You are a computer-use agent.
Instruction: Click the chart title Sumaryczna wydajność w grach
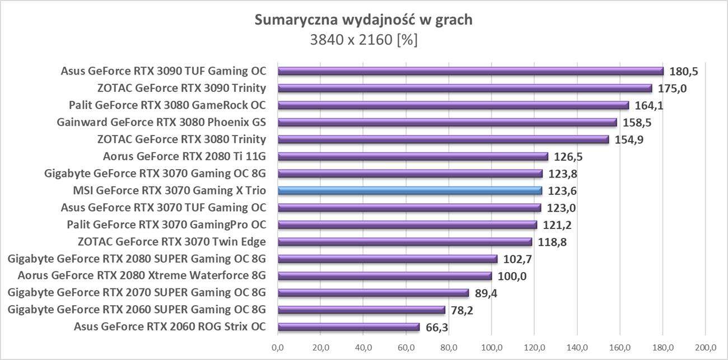[x=363, y=20]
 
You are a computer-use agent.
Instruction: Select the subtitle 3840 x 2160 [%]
[x=363, y=40]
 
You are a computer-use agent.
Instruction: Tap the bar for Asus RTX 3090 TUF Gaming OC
[x=470, y=71]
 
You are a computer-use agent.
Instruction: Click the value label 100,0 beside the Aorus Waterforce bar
[x=511, y=276]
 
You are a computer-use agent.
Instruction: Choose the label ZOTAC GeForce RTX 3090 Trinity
[x=181, y=88]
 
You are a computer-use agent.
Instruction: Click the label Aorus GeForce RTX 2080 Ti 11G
[x=185, y=156]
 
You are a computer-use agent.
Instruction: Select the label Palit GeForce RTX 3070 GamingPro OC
[x=166, y=225]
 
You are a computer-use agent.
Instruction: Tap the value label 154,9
[x=628, y=140]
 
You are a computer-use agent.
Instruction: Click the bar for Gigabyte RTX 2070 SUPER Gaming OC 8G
[x=373, y=293]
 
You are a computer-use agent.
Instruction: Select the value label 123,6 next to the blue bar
[x=562, y=191]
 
